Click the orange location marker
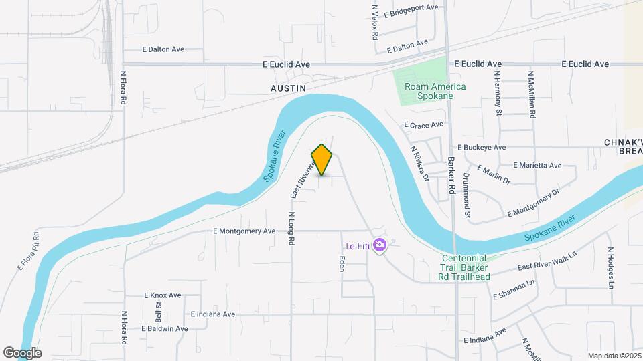click(x=322, y=159)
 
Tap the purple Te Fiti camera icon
click(x=380, y=246)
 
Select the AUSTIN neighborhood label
click(x=288, y=88)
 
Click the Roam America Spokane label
click(x=429, y=91)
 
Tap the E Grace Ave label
click(x=423, y=124)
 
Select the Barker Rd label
click(x=452, y=176)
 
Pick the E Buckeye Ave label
click(x=481, y=147)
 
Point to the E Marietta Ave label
click(x=537, y=165)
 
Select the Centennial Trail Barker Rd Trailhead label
click(x=466, y=267)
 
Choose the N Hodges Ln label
click(x=611, y=267)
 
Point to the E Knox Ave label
click(x=163, y=295)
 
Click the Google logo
click(x=22, y=352)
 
